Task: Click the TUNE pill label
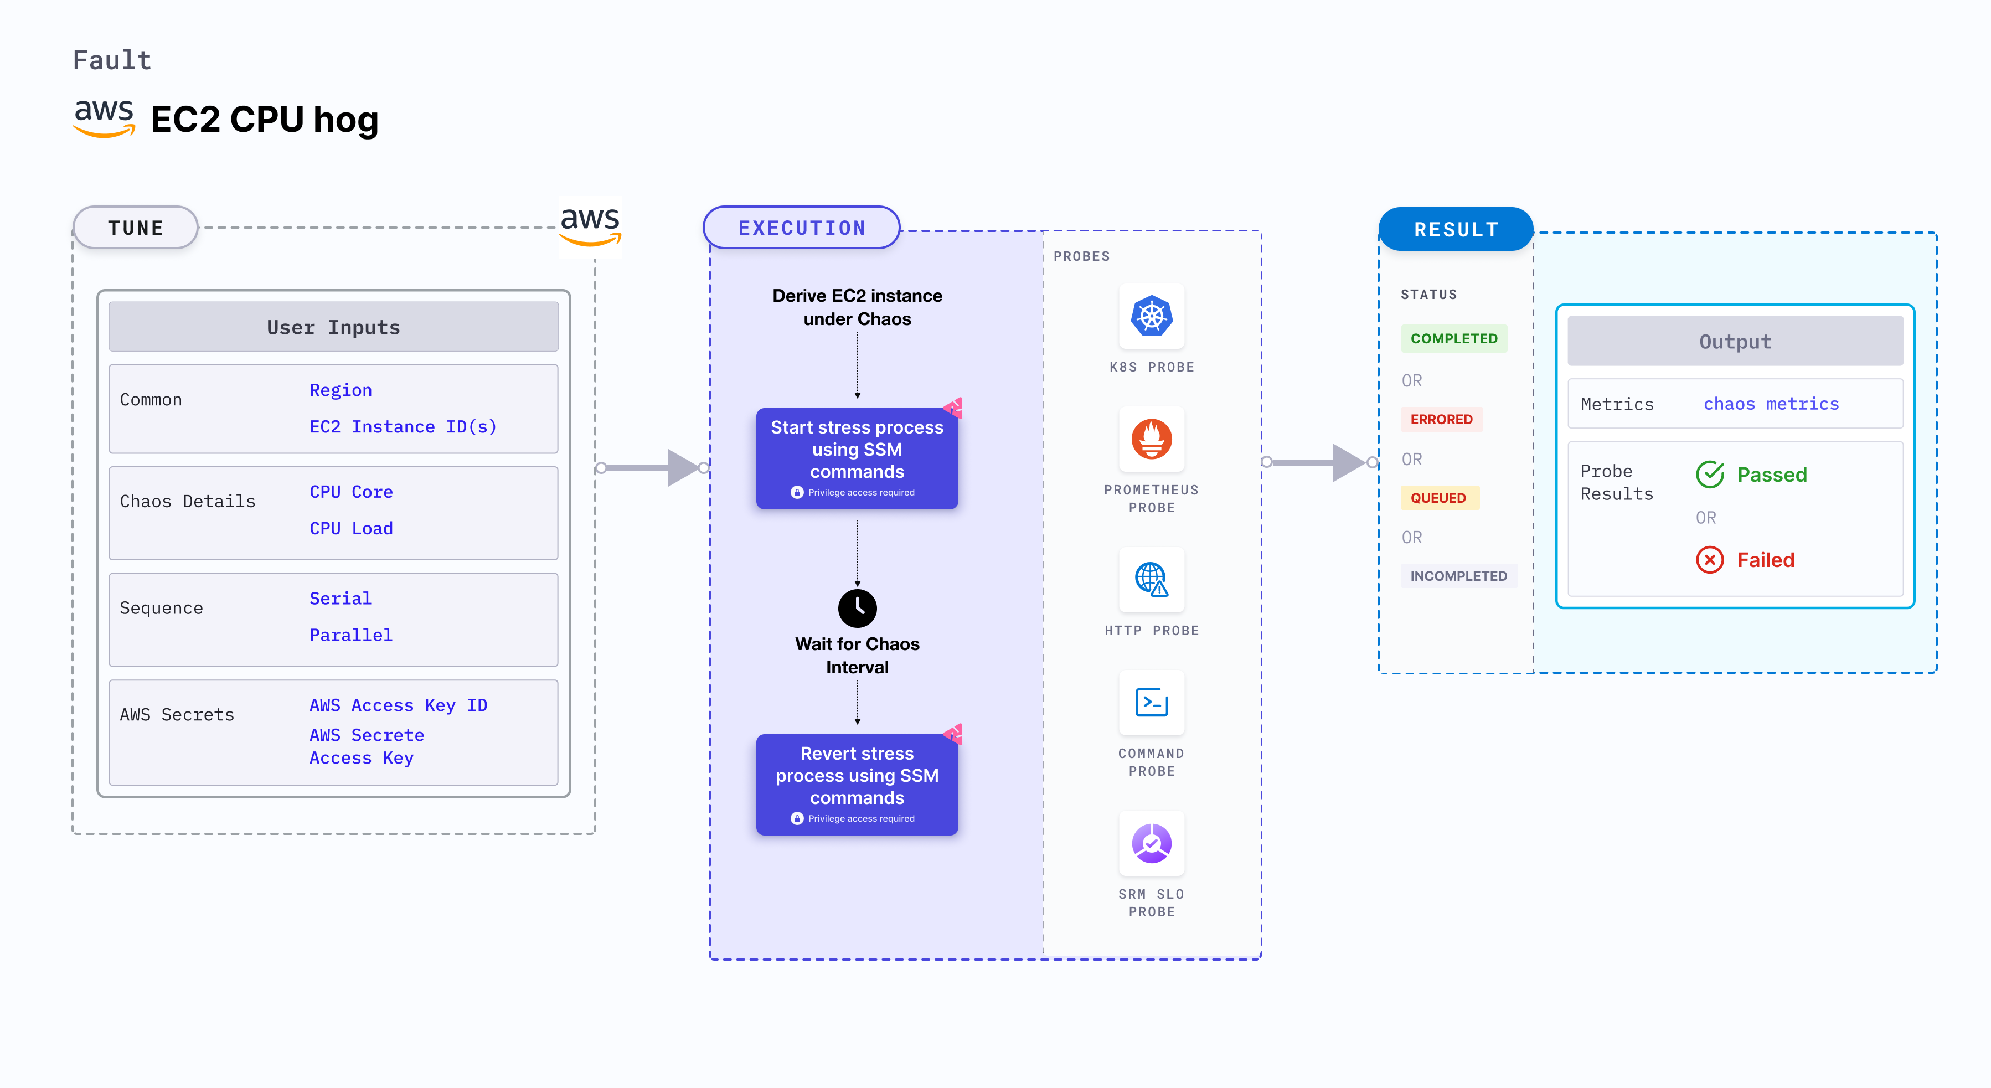(135, 228)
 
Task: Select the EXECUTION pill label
(802, 228)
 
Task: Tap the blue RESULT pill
(1456, 229)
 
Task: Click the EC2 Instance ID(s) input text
(403, 426)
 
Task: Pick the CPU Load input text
(351, 529)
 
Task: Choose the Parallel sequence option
(351, 635)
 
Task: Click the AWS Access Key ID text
(398, 705)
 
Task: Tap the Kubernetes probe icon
(1152, 316)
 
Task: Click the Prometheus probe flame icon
(1152, 439)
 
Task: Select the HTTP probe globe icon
(1152, 580)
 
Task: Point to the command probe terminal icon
(1152, 703)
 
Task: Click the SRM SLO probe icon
(1152, 843)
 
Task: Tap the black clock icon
(857, 608)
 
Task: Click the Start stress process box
(857, 458)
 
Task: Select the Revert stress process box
(857, 785)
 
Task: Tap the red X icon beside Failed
(1710, 559)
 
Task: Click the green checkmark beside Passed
(1710, 475)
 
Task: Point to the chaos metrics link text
(1771, 404)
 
